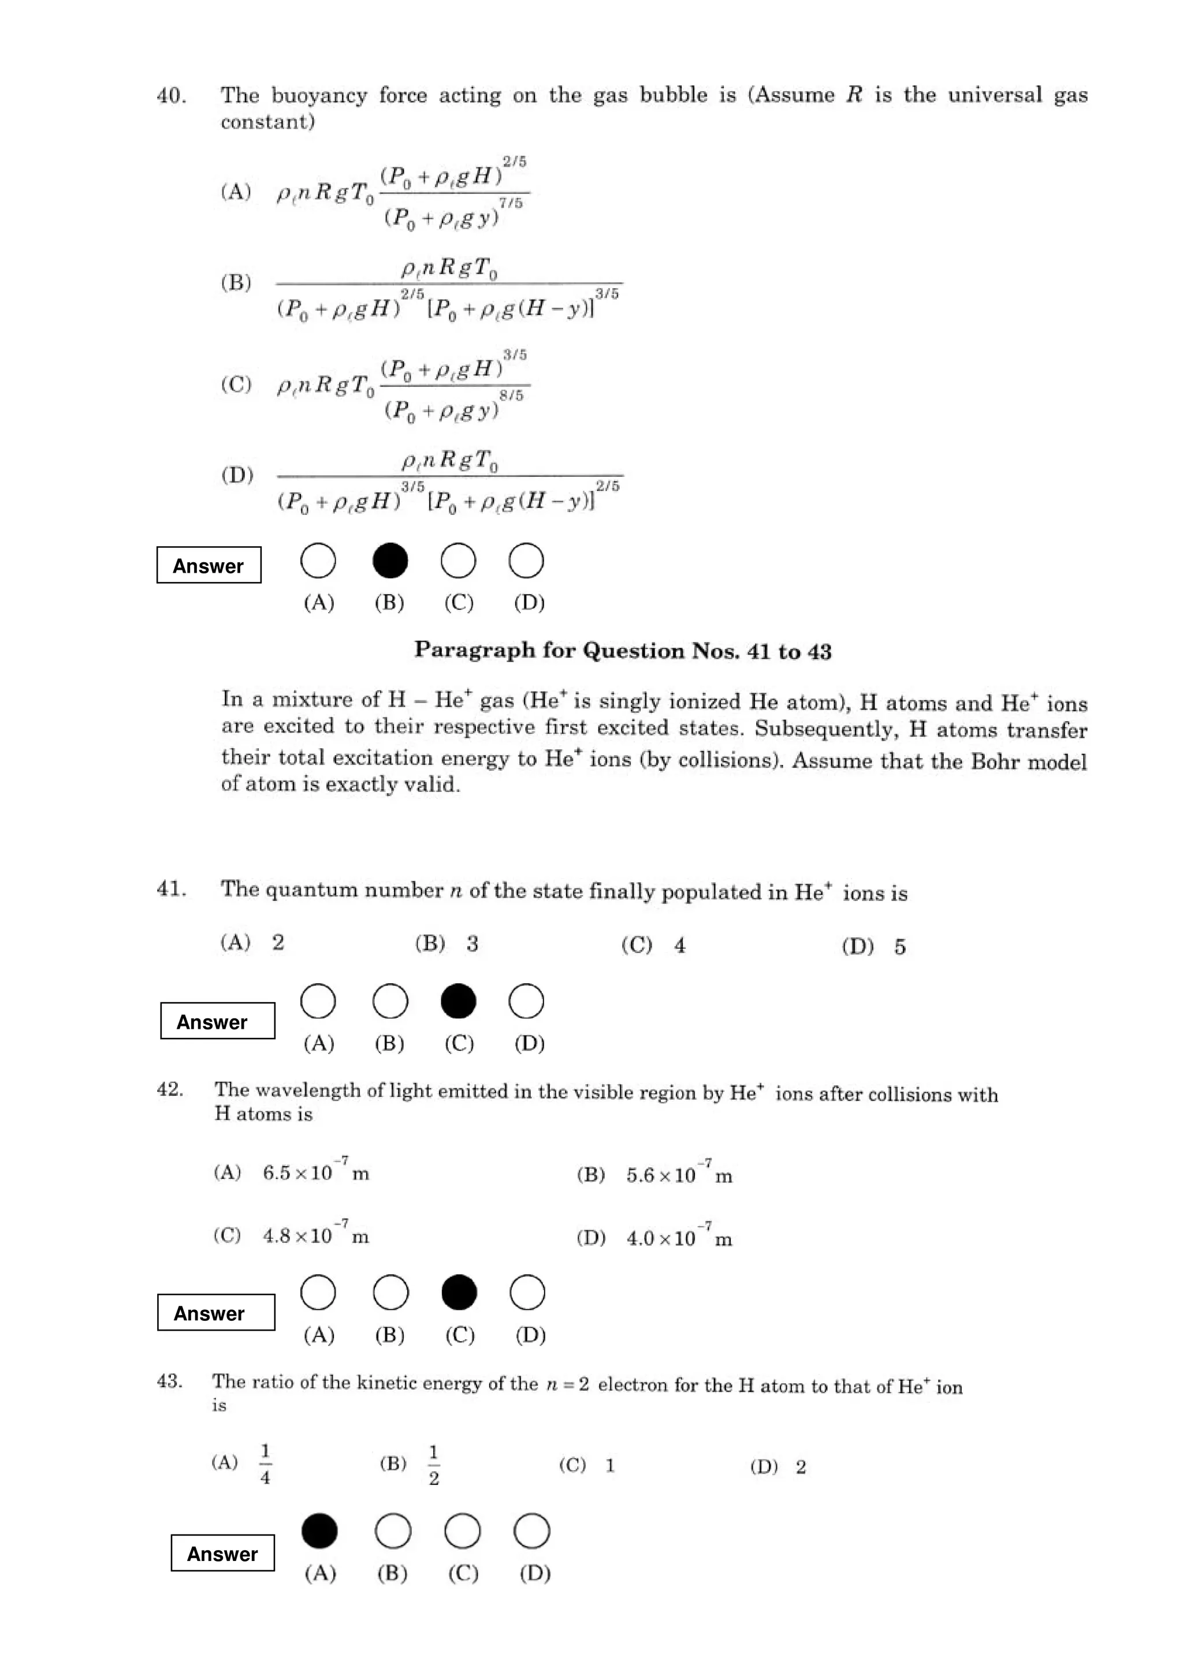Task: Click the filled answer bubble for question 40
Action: click(x=390, y=561)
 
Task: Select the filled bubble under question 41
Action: click(x=459, y=1000)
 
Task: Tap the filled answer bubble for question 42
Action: click(x=459, y=1292)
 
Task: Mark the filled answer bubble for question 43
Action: click(x=319, y=1530)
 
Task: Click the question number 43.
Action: click(x=169, y=1381)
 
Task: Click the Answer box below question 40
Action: click(x=209, y=565)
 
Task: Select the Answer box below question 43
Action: click(x=222, y=1553)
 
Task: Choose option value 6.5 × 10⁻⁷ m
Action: click(x=315, y=1172)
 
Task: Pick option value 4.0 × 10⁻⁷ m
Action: click(x=679, y=1238)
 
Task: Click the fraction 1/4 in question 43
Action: click(x=265, y=1465)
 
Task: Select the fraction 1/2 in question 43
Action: click(x=434, y=1465)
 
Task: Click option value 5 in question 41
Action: click(x=899, y=947)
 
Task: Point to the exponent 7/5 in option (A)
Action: click(x=511, y=203)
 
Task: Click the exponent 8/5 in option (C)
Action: click(x=511, y=395)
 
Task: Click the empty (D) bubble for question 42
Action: click(x=527, y=1292)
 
